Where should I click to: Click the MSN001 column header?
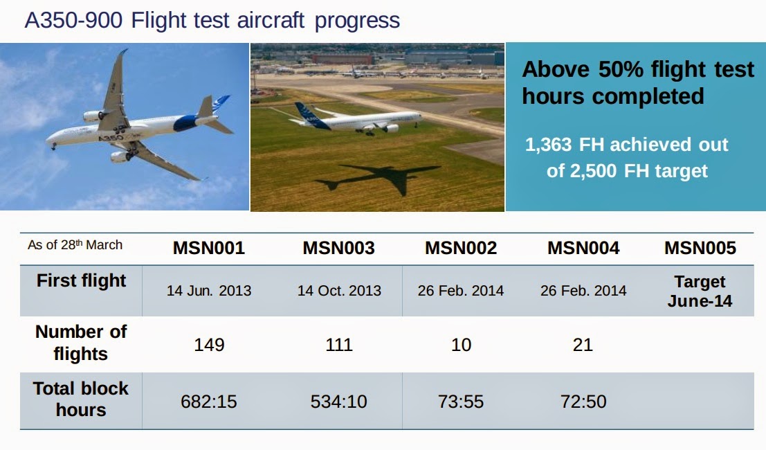[x=209, y=248]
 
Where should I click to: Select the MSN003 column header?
[x=338, y=248]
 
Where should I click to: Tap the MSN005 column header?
[x=700, y=248]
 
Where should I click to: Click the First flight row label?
[x=81, y=281]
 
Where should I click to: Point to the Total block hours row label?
[x=81, y=399]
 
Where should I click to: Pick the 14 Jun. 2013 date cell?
[x=209, y=291]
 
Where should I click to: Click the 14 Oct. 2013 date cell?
[x=339, y=291]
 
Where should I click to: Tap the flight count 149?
[x=209, y=345]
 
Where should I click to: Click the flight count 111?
[x=339, y=345]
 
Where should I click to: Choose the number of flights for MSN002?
[x=461, y=345]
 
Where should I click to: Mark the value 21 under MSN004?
[x=583, y=345]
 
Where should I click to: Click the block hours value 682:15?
[x=209, y=402]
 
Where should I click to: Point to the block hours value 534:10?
[x=339, y=402]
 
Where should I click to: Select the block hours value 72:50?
[x=583, y=402]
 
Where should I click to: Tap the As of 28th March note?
[x=75, y=245]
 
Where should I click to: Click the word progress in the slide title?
[x=357, y=20]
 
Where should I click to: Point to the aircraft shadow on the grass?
[x=387, y=178]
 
